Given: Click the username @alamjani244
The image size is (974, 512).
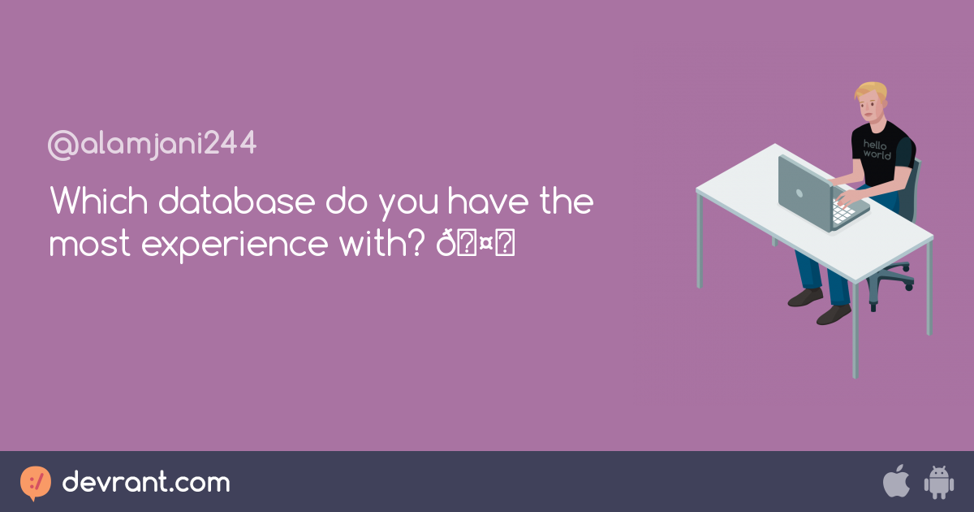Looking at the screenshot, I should (153, 145).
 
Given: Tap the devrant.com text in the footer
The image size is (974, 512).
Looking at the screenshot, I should (146, 483).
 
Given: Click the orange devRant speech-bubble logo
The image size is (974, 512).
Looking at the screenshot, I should (36, 483).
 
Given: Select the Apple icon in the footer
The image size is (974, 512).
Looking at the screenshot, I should (896, 481).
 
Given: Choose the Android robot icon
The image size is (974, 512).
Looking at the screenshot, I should (938, 482).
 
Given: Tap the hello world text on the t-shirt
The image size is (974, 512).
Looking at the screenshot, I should (877, 149).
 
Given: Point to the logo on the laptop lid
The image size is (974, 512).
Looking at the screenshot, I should (799, 193).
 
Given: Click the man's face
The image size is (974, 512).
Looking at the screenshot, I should (868, 106).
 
